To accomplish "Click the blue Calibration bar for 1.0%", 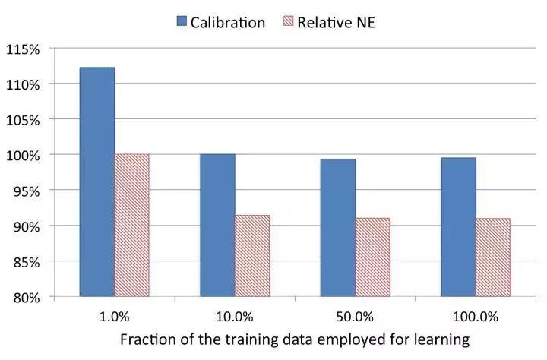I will [x=97, y=182].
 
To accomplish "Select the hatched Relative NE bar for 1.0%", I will [x=132, y=226].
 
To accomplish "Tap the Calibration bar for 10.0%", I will [x=218, y=226].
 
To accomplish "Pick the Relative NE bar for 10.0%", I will [x=252, y=256].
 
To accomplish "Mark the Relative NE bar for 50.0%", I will [x=373, y=257].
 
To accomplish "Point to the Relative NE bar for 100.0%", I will [x=493, y=257].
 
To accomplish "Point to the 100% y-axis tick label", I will [x=24, y=155].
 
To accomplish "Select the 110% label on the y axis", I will [x=24, y=84].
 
